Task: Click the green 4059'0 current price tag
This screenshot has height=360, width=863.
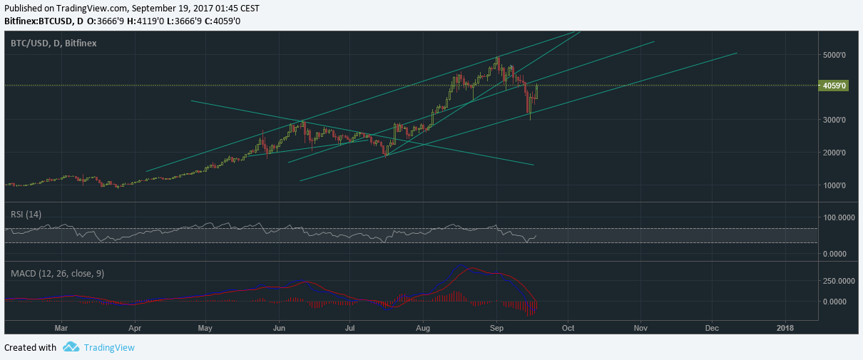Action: click(x=833, y=86)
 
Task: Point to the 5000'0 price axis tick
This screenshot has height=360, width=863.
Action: click(x=834, y=55)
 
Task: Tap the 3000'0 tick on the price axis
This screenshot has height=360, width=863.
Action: click(x=834, y=120)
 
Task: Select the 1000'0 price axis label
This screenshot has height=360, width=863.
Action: click(x=834, y=185)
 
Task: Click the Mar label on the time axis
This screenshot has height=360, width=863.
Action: click(x=61, y=328)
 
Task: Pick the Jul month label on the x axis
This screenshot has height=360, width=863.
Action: click(x=349, y=328)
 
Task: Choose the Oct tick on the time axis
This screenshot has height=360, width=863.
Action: click(x=568, y=328)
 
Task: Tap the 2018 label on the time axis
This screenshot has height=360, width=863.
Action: click(x=785, y=328)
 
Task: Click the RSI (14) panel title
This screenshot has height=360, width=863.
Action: click(x=26, y=215)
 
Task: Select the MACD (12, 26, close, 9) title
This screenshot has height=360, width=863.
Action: click(x=57, y=274)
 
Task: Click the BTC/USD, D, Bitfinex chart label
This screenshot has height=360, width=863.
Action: click(x=53, y=43)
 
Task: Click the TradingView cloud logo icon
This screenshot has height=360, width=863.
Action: click(x=71, y=347)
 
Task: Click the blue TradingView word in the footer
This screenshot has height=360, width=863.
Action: click(x=109, y=348)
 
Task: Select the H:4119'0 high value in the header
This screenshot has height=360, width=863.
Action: click(x=145, y=21)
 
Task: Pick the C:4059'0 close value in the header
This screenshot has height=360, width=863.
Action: click(x=223, y=21)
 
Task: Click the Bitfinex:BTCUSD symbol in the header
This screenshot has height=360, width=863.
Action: click(x=39, y=21)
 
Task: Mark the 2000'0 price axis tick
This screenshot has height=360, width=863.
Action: click(x=834, y=153)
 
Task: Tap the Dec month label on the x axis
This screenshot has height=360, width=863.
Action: click(x=712, y=328)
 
